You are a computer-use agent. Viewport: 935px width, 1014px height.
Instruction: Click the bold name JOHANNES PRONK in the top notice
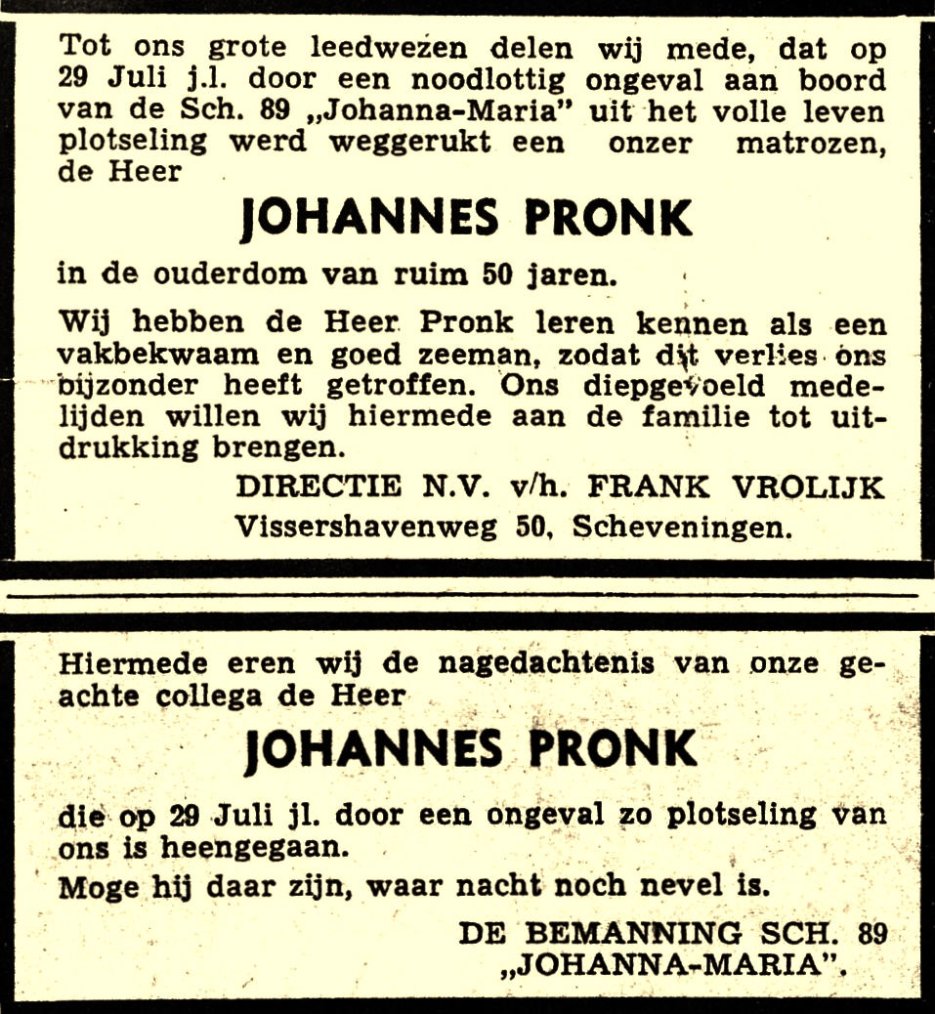click(466, 218)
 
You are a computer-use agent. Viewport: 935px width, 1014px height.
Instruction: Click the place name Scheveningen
click(681, 528)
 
